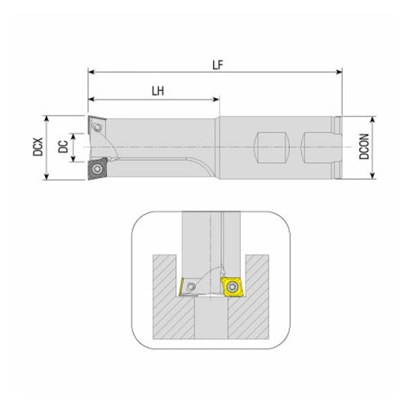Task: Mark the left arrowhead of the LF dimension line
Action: (91, 73)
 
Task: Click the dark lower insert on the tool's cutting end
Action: (99, 170)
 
